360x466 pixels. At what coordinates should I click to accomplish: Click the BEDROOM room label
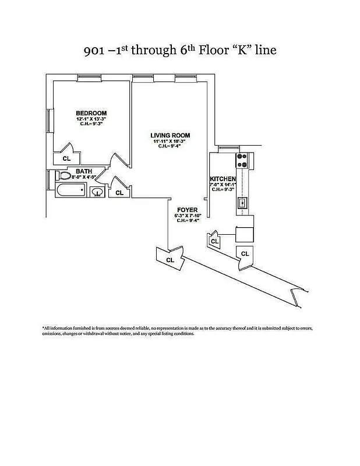coord(91,113)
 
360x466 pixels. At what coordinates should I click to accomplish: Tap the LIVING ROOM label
coord(171,136)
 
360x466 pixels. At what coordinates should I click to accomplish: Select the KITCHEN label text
coord(223,179)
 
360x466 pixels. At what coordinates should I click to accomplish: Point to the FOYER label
coord(187,210)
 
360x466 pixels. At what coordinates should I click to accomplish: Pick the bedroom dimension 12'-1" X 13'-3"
coord(91,119)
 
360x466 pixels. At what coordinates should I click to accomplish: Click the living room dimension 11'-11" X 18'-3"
coord(171,141)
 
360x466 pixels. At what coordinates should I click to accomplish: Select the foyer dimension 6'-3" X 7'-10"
coord(187,215)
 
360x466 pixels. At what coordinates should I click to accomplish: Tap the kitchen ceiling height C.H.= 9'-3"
coord(223,189)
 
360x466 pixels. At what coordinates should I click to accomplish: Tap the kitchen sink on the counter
coord(242,203)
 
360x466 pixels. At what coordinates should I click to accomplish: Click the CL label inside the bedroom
coord(66,158)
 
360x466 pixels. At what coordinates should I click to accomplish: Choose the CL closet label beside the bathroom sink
coord(119,192)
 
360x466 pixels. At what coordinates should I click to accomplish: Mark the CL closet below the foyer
coord(170,260)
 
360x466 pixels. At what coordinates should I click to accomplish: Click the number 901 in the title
coord(94,51)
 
